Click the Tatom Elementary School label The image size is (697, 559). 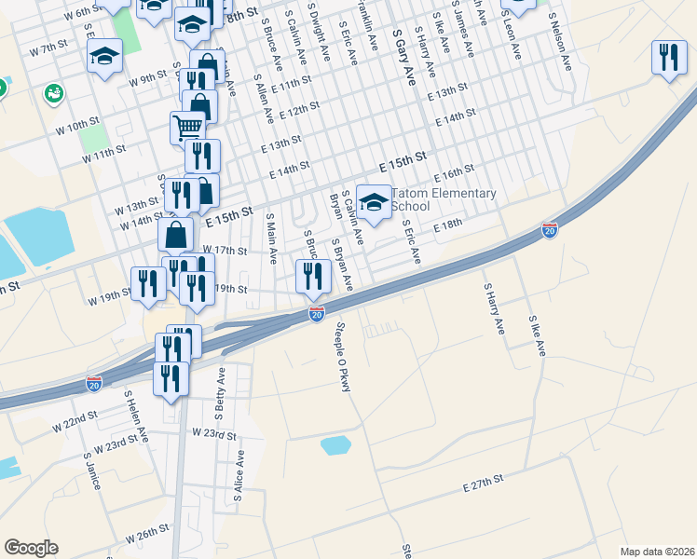[444, 199]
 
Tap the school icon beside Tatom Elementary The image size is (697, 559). [374, 201]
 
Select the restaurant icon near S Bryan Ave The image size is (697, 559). [313, 275]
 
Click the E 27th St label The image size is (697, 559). [483, 484]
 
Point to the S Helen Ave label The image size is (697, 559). [136, 416]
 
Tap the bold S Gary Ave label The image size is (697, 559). [403, 57]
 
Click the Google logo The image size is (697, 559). [30, 548]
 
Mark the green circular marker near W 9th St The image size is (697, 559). [52, 93]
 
